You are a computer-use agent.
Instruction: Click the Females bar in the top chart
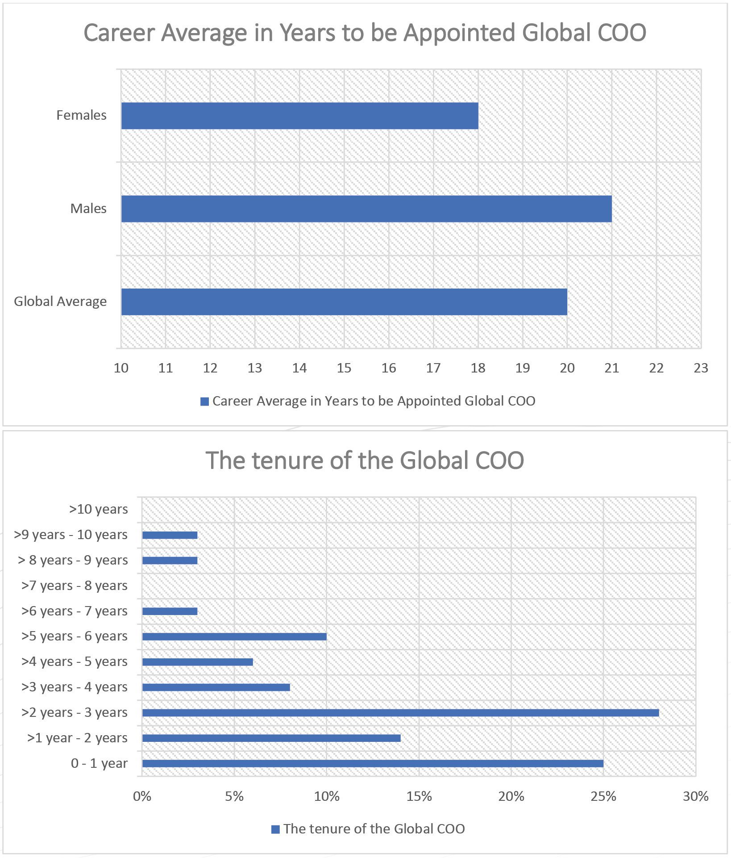tap(299, 116)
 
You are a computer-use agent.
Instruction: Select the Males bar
tap(366, 209)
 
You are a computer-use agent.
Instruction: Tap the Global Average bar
tap(344, 302)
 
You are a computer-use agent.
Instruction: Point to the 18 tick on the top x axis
tap(478, 368)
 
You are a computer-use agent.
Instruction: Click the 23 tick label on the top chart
tap(701, 368)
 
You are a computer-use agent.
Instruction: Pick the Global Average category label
tap(60, 301)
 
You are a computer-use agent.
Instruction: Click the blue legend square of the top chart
tap(205, 402)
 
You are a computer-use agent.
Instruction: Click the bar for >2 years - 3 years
tap(400, 713)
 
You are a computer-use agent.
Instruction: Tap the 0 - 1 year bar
tap(373, 764)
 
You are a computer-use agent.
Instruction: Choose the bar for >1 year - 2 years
tap(271, 738)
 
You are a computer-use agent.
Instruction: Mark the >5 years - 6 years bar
tap(234, 636)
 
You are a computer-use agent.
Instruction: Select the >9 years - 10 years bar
tap(170, 535)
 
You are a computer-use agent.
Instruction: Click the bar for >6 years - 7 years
tap(170, 611)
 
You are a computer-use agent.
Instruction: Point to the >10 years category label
tap(98, 509)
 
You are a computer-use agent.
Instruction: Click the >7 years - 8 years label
tap(75, 586)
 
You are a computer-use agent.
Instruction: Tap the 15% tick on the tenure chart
tap(419, 796)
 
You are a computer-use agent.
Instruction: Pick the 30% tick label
tap(695, 796)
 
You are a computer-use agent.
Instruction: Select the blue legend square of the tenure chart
tap(275, 829)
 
